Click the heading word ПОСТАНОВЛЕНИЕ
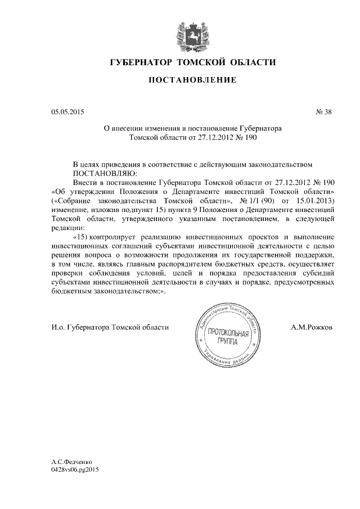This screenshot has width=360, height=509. [192, 80]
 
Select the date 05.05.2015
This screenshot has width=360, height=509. [67, 112]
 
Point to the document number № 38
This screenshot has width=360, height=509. [324, 112]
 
